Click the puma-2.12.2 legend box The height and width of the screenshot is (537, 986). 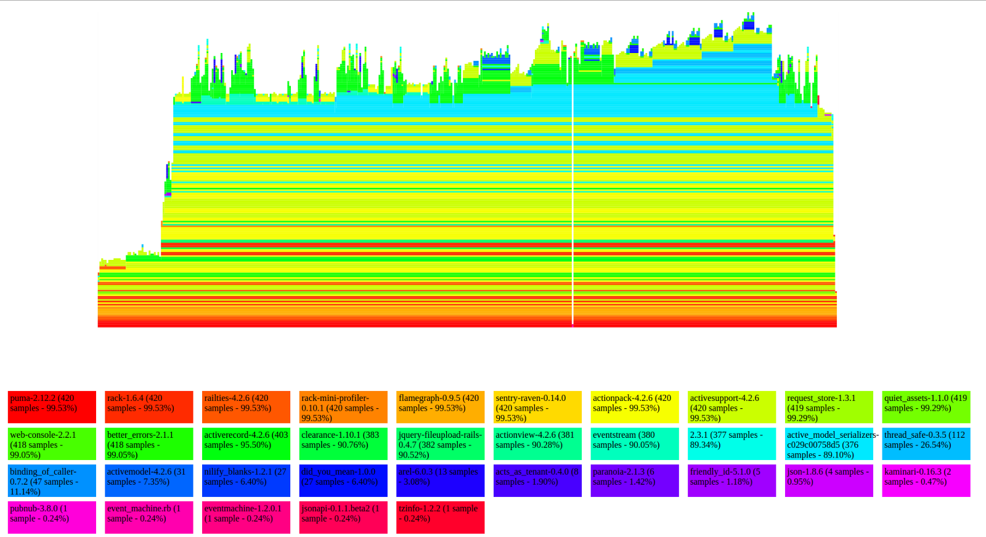[52, 406]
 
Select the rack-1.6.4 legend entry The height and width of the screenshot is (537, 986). [149, 406]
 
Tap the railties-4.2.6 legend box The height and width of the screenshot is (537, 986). [246, 406]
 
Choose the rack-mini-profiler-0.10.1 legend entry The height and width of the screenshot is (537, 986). [343, 406]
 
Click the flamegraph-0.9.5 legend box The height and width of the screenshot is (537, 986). [440, 406]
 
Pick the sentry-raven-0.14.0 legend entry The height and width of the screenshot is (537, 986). [537, 406]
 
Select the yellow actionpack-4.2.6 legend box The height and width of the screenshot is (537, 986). [635, 406]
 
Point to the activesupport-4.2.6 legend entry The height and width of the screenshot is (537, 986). [731, 406]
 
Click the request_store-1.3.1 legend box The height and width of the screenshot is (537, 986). [829, 406]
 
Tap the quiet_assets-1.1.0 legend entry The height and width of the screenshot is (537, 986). [926, 406]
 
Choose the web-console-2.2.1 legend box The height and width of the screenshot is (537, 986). [52, 443]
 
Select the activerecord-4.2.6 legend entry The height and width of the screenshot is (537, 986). [246, 443]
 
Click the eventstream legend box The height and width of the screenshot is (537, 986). [635, 443]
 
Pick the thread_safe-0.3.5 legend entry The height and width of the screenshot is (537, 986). [926, 443]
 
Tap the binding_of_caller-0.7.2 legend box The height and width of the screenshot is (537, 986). [52, 480]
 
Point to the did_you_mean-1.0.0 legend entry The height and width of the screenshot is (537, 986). [343, 480]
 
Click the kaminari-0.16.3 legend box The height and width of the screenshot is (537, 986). [926, 480]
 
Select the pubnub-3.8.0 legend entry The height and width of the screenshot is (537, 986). [52, 517]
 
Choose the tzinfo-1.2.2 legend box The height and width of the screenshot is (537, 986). [440, 517]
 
